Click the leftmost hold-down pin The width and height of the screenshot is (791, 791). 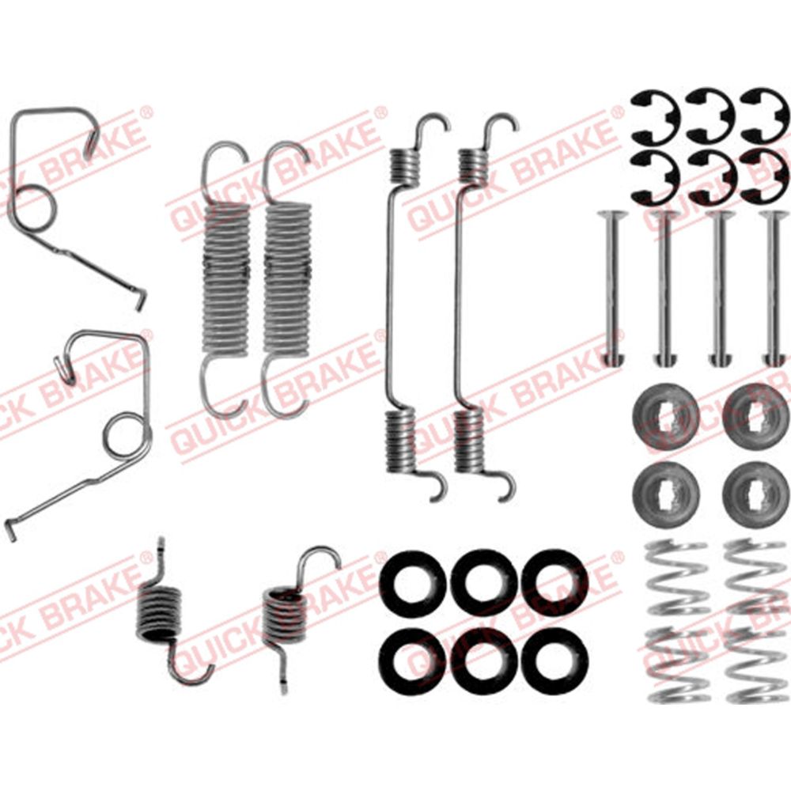pos(612,288)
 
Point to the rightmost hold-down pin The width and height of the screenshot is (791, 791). pos(774,288)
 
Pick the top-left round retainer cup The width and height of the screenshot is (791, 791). pos(665,417)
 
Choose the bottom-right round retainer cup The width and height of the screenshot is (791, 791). pos(755,494)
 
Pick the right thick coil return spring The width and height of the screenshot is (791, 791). pos(287,278)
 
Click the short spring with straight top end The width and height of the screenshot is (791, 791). pos(158,613)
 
